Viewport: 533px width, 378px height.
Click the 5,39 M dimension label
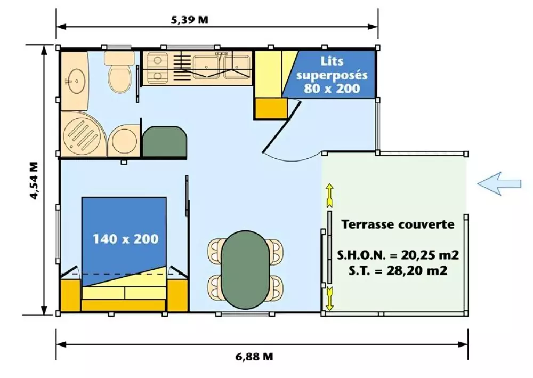tap(189, 20)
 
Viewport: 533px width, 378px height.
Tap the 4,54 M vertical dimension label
tap(34, 181)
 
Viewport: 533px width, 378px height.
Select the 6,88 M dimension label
tap(254, 357)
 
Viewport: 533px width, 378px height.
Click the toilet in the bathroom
tap(119, 71)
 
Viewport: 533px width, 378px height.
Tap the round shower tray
tap(84, 134)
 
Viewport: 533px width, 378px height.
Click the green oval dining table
tap(244, 270)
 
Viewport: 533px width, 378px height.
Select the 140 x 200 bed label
tap(126, 239)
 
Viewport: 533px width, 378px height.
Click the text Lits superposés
tap(332, 68)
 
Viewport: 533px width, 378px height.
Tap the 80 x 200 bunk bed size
tap(332, 89)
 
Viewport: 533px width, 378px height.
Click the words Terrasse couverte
tap(398, 224)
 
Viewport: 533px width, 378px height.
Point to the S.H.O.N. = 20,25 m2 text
tap(398, 255)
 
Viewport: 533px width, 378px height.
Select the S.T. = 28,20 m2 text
tap(398, 271)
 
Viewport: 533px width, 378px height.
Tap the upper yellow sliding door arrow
tap(329, 196)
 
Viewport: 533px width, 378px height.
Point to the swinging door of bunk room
tap(281, 126)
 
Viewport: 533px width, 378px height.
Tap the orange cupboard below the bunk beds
tap(271, 108)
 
